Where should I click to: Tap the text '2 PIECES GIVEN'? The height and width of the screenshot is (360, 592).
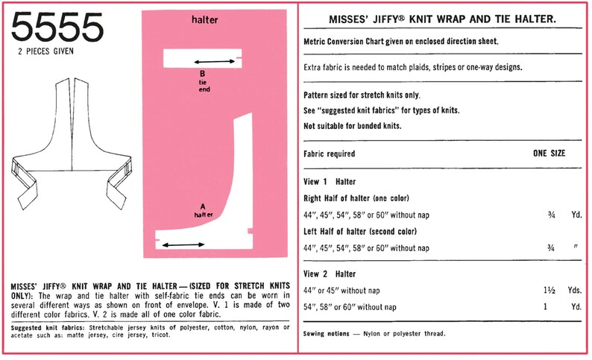point(57,54)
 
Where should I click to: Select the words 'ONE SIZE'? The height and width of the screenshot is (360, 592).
point(548,154)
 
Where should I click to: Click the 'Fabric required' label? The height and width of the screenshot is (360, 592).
point(329,154)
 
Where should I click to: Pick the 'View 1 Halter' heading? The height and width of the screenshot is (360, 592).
point(330,181)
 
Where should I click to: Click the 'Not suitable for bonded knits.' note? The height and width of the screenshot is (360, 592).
point(353,125)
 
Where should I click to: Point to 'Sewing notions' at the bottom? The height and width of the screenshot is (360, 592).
point(327,333)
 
